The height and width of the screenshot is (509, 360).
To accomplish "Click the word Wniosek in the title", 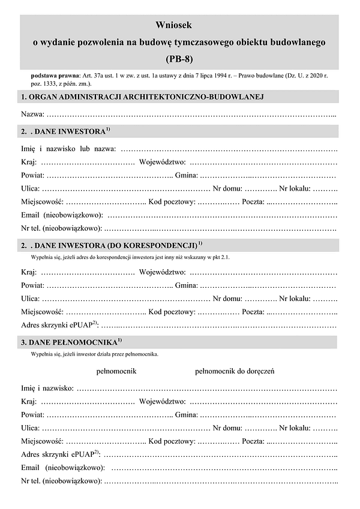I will point(179,25).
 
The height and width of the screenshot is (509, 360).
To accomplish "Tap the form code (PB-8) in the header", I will point(179,59).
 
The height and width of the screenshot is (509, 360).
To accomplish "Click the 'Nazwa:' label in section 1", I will point(32,114).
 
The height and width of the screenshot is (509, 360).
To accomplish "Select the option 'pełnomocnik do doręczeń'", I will point(235,371).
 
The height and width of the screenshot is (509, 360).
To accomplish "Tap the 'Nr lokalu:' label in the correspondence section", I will point(295,298).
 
